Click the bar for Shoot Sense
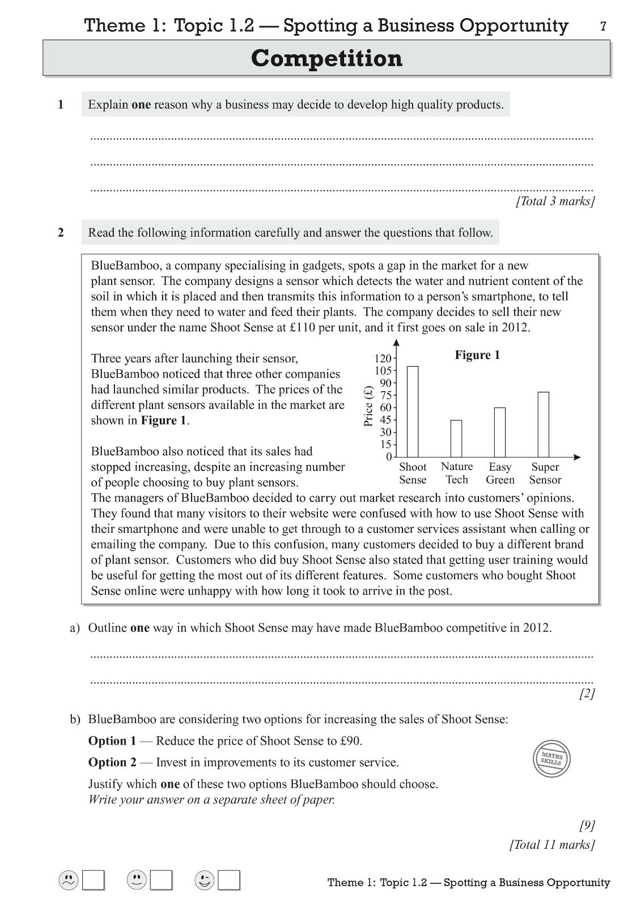click(413, 412)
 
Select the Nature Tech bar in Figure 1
click(456, 438)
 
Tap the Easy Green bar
click(500, 432)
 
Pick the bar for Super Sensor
click(544, 424)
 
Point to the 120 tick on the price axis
click(383, 358)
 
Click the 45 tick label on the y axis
click(385, 420)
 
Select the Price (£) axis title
click(368, 406)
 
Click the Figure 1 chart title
click(477, 355)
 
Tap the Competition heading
click(326, 58)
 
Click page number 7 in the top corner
click(603, 26)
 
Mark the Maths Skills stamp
click(551, 758)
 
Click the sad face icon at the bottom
click(69, 880)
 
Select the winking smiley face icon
click(204, 880)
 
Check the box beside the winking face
click(229, 881)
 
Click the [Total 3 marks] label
click(555, 201)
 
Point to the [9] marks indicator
click(587, 825)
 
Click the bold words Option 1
click(112, 741)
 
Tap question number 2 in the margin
click(61, 232)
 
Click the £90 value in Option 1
click(350, 741)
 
